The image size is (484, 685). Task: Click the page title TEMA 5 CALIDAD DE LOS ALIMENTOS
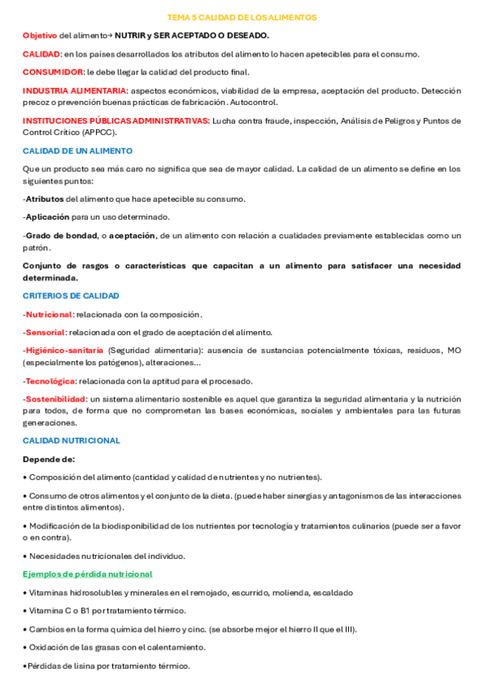coord(242,17)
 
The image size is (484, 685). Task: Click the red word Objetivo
coord(40,36)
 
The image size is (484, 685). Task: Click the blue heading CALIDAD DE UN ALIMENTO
coord(78,151)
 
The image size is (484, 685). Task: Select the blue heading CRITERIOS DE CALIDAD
coord(71,296)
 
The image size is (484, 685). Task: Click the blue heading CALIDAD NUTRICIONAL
coord(71,440)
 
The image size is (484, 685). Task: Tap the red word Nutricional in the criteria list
coord(48,314)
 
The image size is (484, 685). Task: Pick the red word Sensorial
coord(45,332)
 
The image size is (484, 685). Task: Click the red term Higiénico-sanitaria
coord(64,351)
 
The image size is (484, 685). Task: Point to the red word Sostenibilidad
coord(55,399)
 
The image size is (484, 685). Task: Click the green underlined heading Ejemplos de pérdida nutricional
coord(87,574)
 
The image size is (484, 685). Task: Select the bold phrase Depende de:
coord(48,459)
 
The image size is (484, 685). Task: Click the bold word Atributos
coord(44,199)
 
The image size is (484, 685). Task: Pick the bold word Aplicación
coord(47,217)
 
